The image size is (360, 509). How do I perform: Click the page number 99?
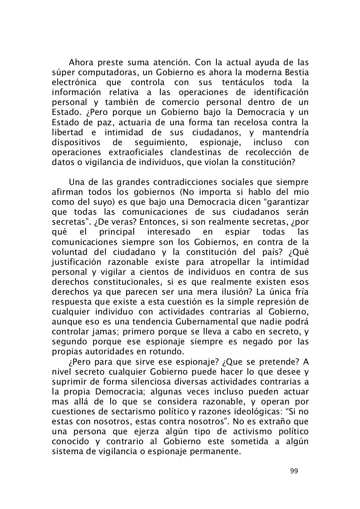[294, 471]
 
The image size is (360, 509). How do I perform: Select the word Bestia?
[297, 72]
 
